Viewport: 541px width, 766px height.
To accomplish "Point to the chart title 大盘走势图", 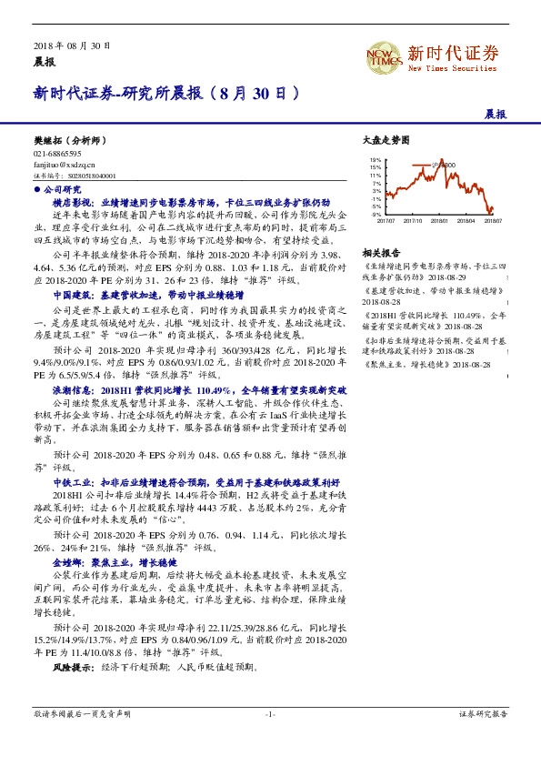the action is click(x=386, y=141).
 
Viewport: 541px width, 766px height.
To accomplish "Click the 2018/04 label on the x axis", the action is click(x=466, y=219).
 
